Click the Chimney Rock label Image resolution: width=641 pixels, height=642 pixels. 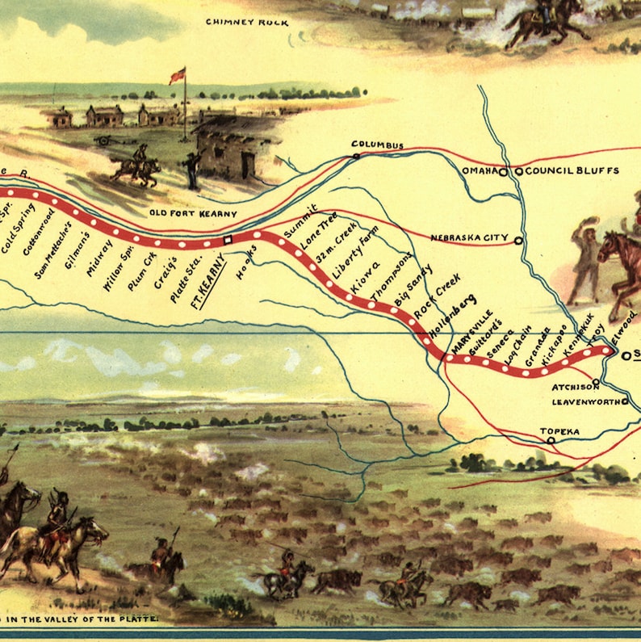pos(247,23)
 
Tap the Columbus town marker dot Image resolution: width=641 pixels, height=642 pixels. pos(355,155)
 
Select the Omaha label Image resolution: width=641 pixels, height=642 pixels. pos(480,171)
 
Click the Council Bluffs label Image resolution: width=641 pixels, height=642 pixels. pos(572,171)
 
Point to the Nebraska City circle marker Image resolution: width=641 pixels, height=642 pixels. pos(518,240)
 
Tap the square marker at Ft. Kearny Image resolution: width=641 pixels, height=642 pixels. pos(228,240)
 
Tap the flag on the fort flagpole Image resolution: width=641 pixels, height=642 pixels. pos(177,76)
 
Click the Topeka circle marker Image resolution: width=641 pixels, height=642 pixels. pos(551,441)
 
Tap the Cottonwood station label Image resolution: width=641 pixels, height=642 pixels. pos(39,233)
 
